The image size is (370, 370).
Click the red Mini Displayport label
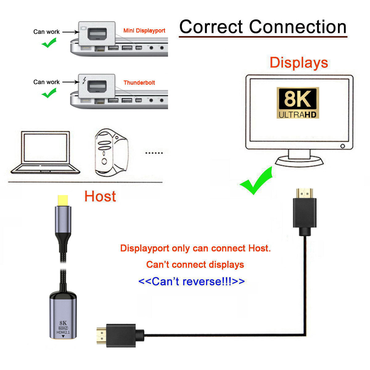(144, 31)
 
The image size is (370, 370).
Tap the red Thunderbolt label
(139, 83)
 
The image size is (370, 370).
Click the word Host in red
(100, 196)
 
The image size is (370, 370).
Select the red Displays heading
(298, 63)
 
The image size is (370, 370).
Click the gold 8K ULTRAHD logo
(298, 103)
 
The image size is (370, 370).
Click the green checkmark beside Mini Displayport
(49, 43)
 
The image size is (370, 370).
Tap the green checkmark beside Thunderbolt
(49, 93)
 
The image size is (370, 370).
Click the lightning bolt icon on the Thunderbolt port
(84, 81)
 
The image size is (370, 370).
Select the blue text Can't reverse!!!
(191, 281)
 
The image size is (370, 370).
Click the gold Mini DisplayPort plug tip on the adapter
(63, 200)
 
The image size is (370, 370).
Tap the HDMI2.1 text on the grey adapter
(63, 332)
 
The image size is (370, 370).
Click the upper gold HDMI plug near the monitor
(304, 193)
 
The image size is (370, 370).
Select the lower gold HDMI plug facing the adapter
(101, 336)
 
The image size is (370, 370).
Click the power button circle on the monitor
(343, 146)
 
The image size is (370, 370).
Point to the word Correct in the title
(211, 27)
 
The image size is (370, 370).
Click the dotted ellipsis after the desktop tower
(154, 153)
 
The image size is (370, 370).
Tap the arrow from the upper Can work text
(71, 32)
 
